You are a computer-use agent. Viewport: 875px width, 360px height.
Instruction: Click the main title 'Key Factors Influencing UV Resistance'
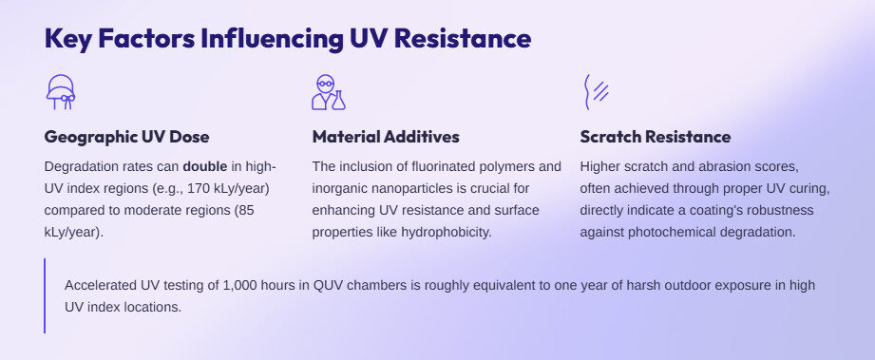coord(287,40)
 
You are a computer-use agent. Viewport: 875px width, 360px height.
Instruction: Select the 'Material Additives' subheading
coord(385,137)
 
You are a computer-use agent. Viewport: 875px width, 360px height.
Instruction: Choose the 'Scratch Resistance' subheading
coord(655,137)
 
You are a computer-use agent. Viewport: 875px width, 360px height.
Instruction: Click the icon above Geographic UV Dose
coord(61,92)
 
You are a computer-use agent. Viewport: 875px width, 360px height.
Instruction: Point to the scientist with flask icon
coord(328,92)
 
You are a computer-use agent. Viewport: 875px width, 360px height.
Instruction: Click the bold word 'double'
coord(204,165)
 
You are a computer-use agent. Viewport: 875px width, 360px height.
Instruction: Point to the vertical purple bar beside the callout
coord(45,295)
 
